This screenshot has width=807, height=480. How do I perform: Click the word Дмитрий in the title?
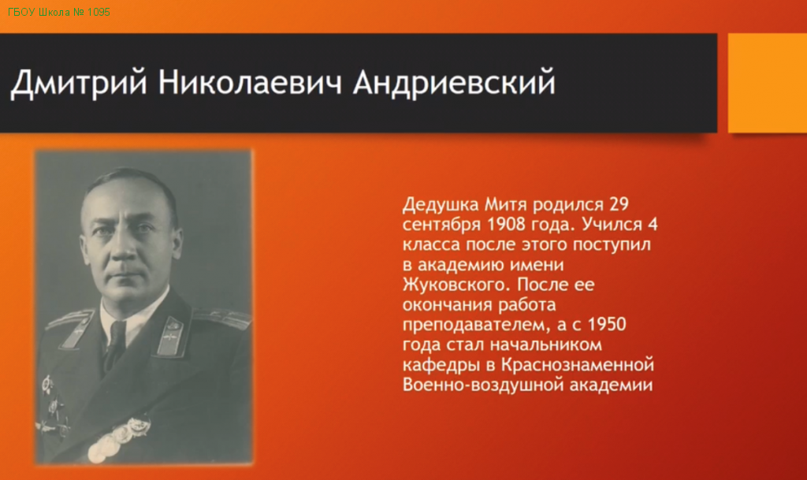79,82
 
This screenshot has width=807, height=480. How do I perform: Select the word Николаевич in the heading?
250,82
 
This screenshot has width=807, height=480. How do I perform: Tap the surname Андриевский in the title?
455,82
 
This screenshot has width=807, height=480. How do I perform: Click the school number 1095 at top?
99,12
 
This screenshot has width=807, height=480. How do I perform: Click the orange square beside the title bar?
768,83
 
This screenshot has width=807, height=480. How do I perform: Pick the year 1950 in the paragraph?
607,325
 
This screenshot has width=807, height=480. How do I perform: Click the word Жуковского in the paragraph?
457,285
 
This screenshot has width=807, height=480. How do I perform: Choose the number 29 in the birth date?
619,204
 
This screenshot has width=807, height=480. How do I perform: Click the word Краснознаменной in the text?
578,365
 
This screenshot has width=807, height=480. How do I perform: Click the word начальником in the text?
545,344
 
